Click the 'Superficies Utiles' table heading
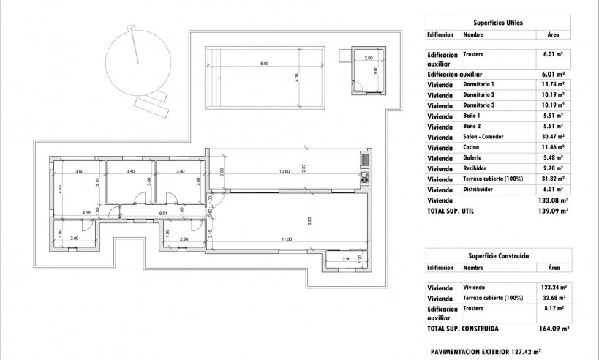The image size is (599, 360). point(497,23)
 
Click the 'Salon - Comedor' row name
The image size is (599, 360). point(483,137)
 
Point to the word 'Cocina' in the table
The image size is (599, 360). point(473,147)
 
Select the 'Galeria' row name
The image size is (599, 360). point(474,157)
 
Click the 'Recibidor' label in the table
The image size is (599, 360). point(476,168)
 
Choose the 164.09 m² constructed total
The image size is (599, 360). point(555,329)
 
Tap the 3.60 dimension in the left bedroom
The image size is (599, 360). point(80,172)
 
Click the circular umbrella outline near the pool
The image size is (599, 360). point(136,62)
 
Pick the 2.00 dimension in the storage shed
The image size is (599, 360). point(368,57)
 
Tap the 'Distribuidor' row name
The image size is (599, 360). point(479,189)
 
